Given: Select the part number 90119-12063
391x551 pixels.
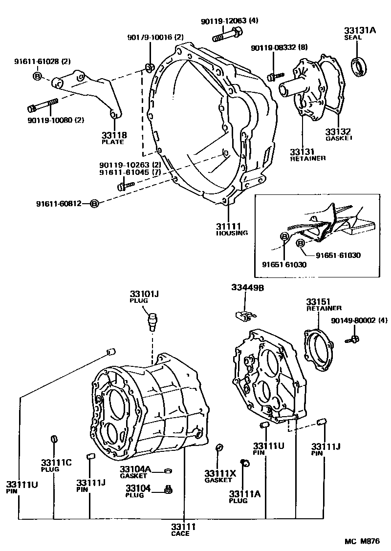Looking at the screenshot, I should [224, 21].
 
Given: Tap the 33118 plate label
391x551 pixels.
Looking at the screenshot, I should [114, 138].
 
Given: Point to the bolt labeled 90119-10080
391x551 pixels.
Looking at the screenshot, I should [43, 106].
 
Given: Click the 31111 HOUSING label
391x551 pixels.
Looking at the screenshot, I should [232, 229].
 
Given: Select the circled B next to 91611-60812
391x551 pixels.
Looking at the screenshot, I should [95, 203].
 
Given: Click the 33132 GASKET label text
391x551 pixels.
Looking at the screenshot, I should [338, 134].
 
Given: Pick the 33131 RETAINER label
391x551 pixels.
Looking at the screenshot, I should [307, 154].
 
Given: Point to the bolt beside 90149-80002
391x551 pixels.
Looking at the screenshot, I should [354, 339].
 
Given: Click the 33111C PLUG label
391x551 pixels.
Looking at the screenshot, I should [56, 465].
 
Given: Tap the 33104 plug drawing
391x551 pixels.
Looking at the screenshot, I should [169, 489].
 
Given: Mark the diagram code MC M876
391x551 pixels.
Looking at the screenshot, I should [361, 541].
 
